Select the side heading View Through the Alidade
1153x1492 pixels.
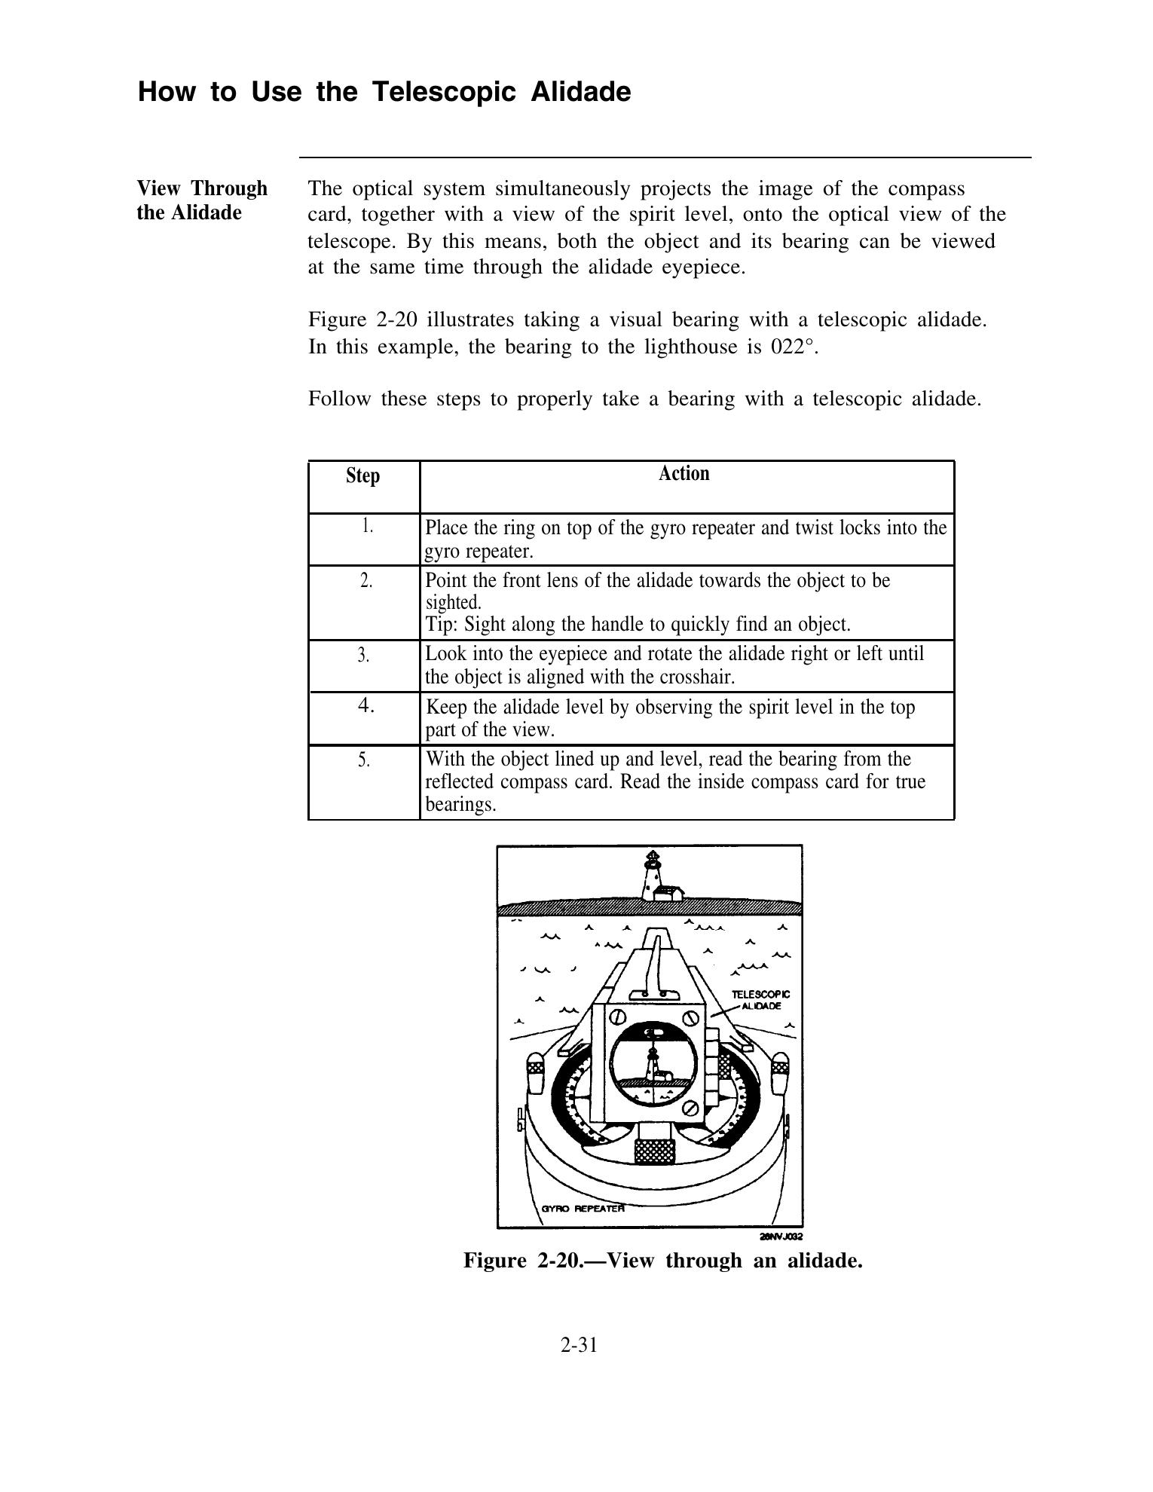[201, 200]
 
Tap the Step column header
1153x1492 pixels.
[362, 476]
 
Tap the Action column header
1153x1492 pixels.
[684, 474]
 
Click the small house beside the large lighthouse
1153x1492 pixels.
[669, 894]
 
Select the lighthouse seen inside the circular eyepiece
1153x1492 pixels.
[653, 1061]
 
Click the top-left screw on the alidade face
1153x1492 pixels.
[616, 1017]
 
